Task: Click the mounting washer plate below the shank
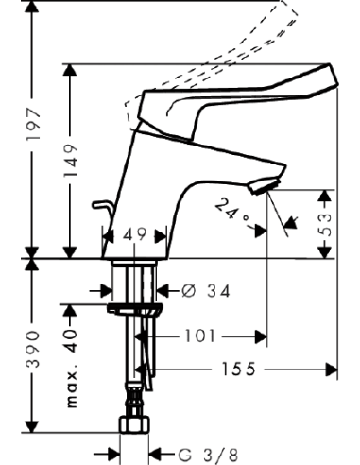(136, 307)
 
